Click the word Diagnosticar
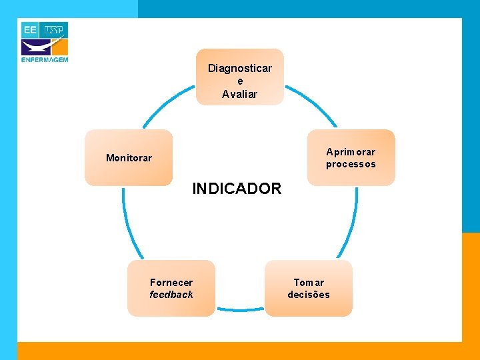[x=239, y=68]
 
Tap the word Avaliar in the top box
[x=239, y=94]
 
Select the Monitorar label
[x=129, y=158]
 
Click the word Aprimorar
[x=351, y=152]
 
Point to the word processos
[x=351, y=164]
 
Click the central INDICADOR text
[x=237, y=189]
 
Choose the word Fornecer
[x=171, y=282]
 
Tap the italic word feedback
[x=171, y=295]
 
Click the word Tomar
[x=309, y=282]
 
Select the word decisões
[x=309, y=295]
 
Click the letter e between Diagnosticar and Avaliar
[x=240, y=81]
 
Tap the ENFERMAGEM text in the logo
[x=45, y=59]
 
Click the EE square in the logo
[x=31, y=30]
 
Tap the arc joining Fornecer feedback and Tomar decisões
[x=240, y=309]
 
